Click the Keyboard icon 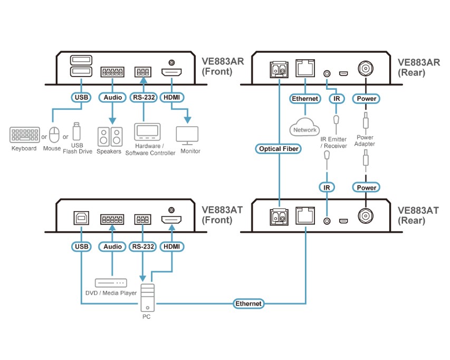click(24, 134)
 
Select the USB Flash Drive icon click(77, 132)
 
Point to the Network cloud click(305, 129)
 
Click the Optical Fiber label click(279, 149)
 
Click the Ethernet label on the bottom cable click(248, 304)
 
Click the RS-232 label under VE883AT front click(142, 246)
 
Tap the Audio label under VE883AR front click(112, 97)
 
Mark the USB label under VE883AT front click(82, 246)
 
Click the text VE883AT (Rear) click(418, 215)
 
